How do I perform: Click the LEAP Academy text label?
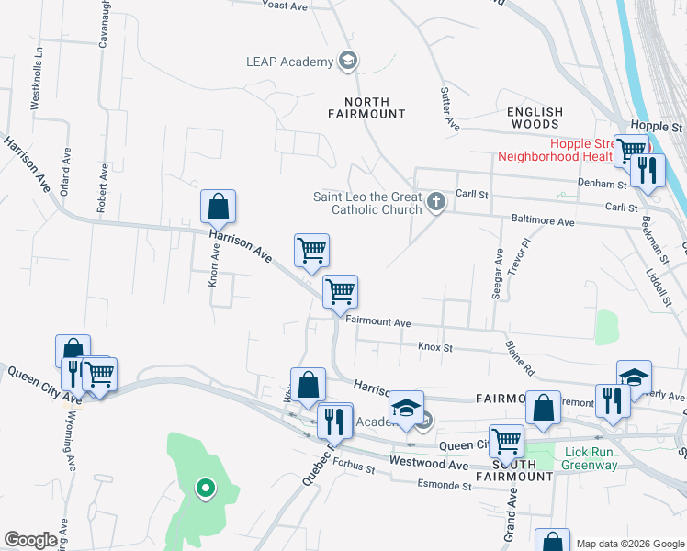pos(288,62)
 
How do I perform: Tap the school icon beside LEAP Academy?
pos(348,62)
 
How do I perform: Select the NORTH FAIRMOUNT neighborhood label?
pos(366,107)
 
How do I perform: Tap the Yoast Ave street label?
pos(284,5)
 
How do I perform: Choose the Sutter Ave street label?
pos(448,108)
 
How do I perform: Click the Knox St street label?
pos(435,347)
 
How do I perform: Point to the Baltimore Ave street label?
pos(542,222)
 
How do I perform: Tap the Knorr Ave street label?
pos(213,290)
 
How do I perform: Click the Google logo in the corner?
pos(31,539)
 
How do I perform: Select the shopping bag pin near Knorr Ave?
pos(218,208)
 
